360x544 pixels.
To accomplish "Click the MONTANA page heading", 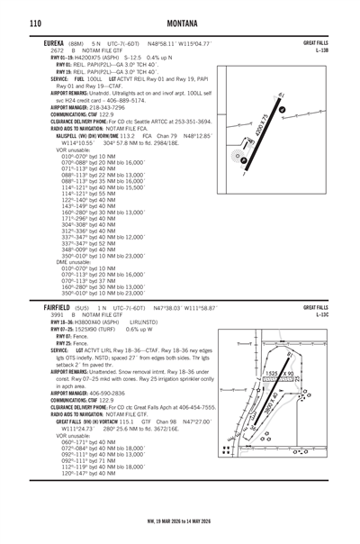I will point(180,22).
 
